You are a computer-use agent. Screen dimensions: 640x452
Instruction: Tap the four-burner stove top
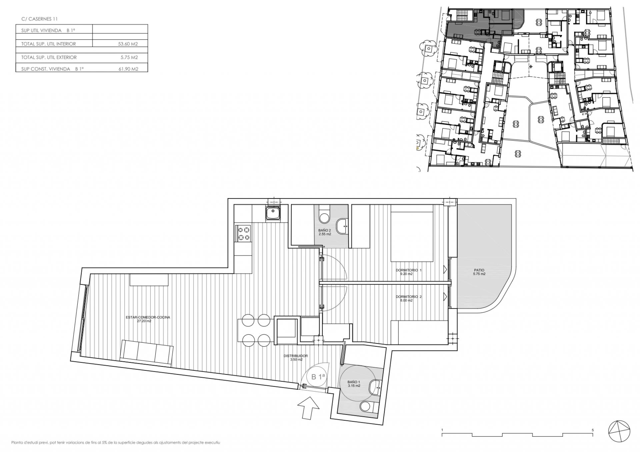243,233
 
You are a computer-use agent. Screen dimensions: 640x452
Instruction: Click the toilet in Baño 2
323,216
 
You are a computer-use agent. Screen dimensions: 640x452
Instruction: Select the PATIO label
479,270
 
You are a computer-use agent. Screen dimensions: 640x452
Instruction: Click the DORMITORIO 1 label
409,270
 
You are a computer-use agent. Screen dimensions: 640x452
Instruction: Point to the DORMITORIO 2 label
409,296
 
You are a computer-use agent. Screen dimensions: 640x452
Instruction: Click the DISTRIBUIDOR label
296,356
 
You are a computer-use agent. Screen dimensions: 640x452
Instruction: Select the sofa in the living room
147,352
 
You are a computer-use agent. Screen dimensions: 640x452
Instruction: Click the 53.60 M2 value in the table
128,44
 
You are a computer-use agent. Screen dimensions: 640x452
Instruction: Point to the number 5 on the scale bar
593,430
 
